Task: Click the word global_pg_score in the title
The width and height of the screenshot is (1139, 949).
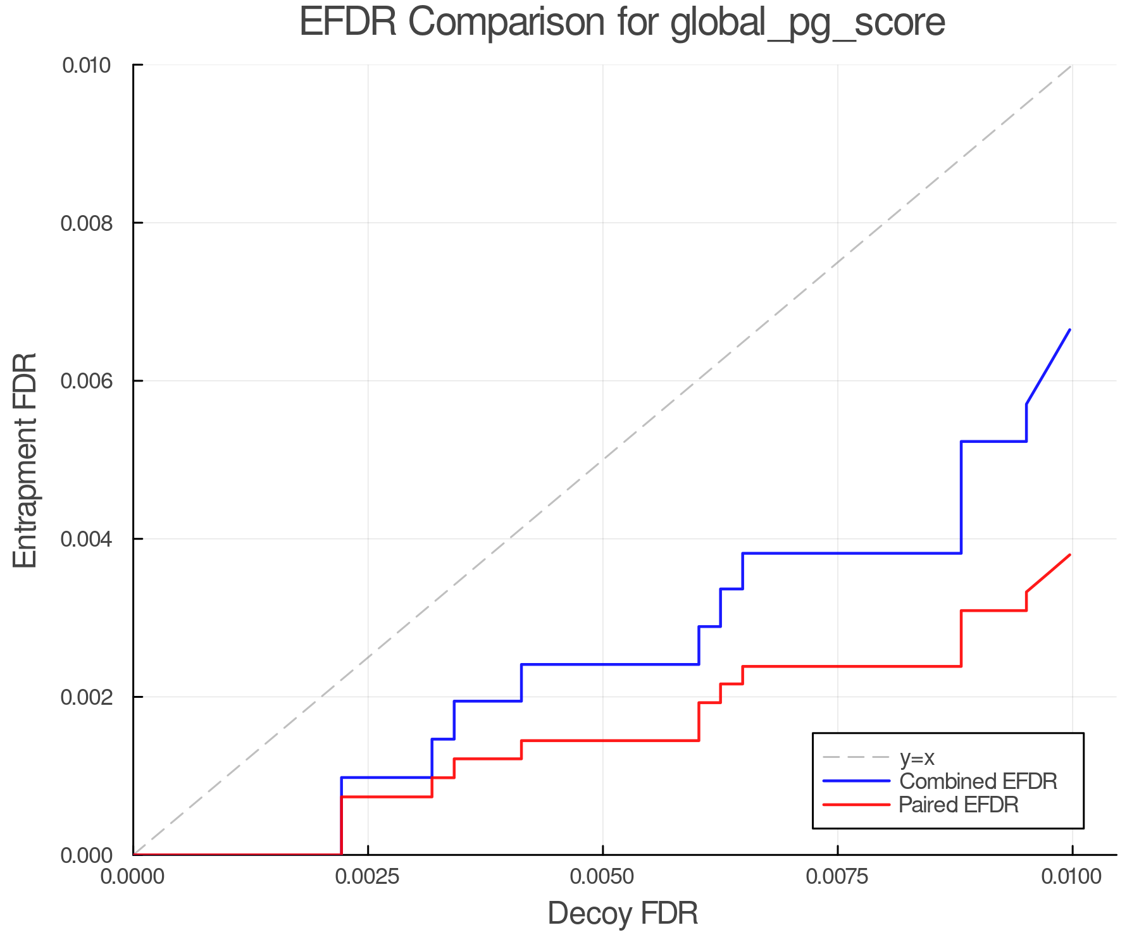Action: coord(807,23)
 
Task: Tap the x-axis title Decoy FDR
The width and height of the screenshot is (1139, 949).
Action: coord(623,914)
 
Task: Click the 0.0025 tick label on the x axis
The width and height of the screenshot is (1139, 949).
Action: coord(368,877)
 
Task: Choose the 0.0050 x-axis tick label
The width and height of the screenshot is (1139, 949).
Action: coord(602,877)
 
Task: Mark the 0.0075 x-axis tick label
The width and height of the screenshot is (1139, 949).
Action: coord(837,877)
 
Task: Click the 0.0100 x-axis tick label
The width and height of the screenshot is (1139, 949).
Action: coord(1071,877)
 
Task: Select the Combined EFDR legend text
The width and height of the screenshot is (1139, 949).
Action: coord(978,781)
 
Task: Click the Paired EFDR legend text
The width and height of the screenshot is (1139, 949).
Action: coord(959,805)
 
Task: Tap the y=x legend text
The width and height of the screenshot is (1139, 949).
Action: coord(917,757)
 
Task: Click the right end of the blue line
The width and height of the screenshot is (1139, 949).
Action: coord(1069,330)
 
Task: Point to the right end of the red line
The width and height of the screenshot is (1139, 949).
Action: coord(1069,555)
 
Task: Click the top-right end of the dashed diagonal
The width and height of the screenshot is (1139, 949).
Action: coord(1071,65)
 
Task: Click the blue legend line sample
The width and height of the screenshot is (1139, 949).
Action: coord(856,781)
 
